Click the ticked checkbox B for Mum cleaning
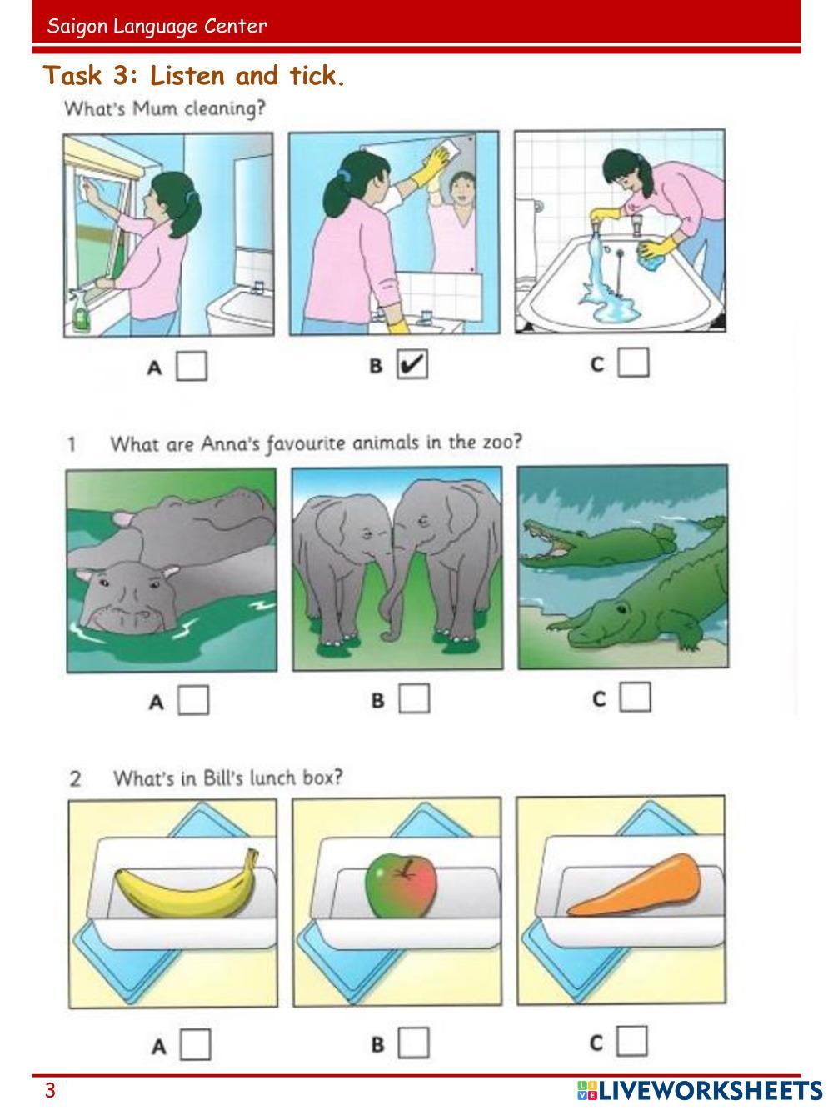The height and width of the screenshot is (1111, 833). pyautogui.click(x=412, y=364)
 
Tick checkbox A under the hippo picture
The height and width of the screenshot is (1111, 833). pyautogui.click(x=193, y=700)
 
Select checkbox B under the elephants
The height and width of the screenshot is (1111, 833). pyautogui.click(x=414, y=698)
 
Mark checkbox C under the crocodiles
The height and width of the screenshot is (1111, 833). pyautogui.click(x=636, y=697)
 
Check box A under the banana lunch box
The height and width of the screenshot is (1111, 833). pyautogui.click(x=195, y=1044)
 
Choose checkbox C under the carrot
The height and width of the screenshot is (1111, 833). pyautogui.click(x=631, y=1042)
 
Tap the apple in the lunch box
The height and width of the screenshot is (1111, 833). pyautogui.click(x=401, y=886)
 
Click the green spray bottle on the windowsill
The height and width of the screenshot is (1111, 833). pyautogui.click(x=81, y=312)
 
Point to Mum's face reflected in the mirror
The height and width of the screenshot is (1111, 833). pyautogui.click(x=461, y=189)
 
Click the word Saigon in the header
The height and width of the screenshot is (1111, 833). pyautogui.click(x=77, y=27)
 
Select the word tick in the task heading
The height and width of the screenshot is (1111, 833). pyautogui.click(x=317, y=76)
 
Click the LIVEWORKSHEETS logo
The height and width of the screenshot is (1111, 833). pyautogui.click(x=700, y=1089)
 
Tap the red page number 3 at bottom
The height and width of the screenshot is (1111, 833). pyautogui.click(x=50, y=1090)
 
